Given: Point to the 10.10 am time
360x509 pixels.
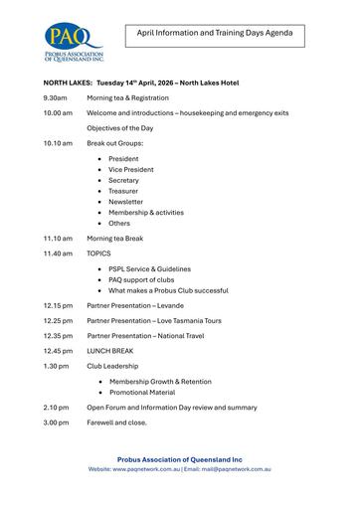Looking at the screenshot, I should [58, 143].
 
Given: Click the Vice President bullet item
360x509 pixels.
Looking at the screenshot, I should [131, 169].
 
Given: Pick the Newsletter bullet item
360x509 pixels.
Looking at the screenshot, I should [126, 202].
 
